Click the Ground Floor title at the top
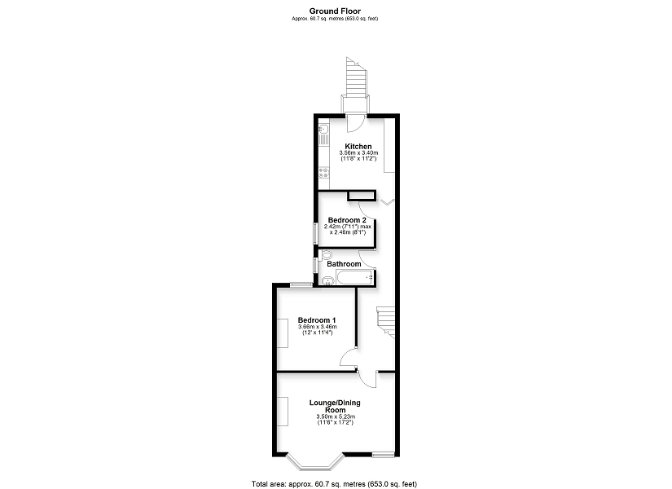tap(335, 11)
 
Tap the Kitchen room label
tap(358, 146)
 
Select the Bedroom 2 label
tap(347, 220)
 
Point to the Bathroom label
tap(344, 264)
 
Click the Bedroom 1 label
tap(317, 320)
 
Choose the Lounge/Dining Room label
tap(335, 406)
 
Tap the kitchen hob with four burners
tap(324, 173)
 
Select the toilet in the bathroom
tap(327, 255)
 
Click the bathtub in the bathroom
tap(355, 278)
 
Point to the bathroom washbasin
tap(328, 281)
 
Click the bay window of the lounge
tap(315, 461)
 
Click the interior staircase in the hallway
tap(386, 322)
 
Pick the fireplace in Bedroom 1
tap(283, 333)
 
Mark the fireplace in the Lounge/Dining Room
tap(283, 411)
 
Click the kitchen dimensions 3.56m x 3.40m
tap(358, 152)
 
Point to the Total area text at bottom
tap(334, 484)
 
